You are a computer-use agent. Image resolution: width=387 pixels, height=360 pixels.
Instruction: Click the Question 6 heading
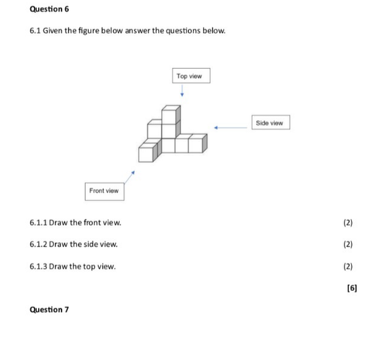[x=50, y=9]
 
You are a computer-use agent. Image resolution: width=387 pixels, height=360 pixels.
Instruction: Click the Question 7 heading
[x=50, y=310]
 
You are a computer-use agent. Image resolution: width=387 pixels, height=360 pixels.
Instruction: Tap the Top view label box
[x=191, y=76]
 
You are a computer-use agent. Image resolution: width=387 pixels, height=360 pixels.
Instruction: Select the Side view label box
[x=271, y=122]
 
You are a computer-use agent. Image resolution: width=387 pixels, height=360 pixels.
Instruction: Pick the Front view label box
[x=104, y=191]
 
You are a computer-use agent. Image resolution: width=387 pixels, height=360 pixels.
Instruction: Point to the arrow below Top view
[x=182, y=91]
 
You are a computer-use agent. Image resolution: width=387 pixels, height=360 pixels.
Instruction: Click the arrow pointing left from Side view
[x=231, y=128]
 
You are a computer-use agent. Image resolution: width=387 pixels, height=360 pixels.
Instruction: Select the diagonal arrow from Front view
[x=130, y=177]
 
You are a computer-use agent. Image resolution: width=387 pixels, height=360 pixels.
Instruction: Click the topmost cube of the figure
[x=171, y=114]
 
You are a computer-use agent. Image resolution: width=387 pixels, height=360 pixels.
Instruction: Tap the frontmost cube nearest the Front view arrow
[x=148, y=153]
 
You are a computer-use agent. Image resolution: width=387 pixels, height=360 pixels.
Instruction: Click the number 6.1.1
[x=38, y=222]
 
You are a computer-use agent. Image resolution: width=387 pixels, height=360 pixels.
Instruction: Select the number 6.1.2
[x=38, y=244]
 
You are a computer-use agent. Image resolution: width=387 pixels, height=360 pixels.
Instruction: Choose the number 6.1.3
[x=38, y=266]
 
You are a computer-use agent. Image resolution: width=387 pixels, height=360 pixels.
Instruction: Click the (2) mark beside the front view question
[x=348, y=222]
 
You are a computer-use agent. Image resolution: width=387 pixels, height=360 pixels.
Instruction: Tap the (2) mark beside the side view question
[x=348, y=244]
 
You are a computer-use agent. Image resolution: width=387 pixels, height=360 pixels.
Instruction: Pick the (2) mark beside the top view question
[x=348, y=266]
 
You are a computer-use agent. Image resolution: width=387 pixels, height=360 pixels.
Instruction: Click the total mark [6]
[x=352, y=288]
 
